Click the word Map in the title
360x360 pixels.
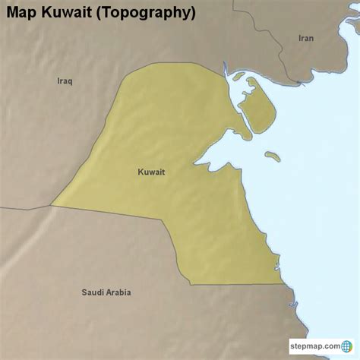pos(23,13)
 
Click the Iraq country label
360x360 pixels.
pos(65,81)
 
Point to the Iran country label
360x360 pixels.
pos(306,37)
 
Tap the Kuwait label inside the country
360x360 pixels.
pos(151,172)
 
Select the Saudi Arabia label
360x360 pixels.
pos(106,292)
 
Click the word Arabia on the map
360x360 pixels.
pos(118,292)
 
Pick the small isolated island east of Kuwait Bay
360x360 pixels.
pos(273,156)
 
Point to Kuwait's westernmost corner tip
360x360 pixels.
pos(51,205)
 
